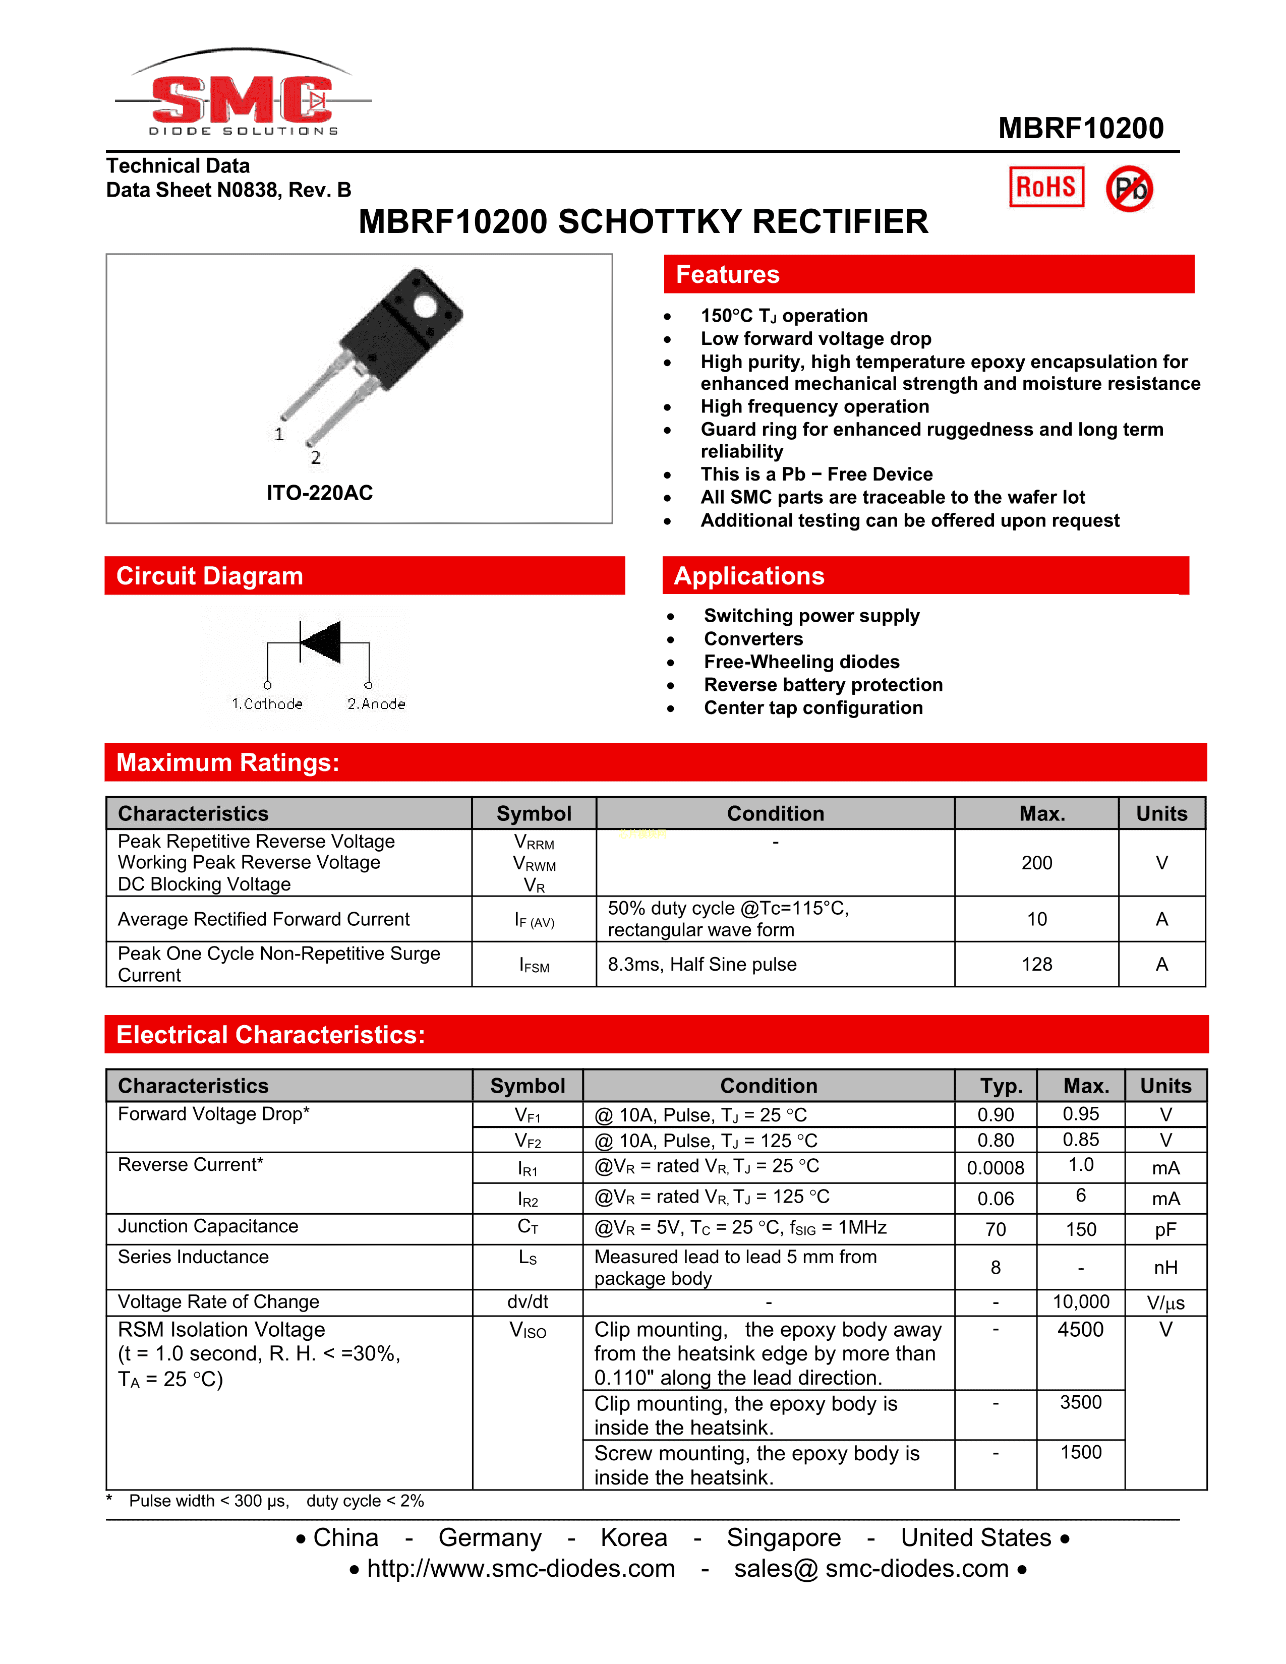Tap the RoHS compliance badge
coord(1046,187)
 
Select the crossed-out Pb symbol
coord(1129,188)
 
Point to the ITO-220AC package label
coord(319,493)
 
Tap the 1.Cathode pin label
coord(267,704)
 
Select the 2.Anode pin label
coord(376,704)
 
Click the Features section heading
coord(728,274)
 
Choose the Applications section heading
coord(749,576)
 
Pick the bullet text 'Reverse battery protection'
coord(823,685)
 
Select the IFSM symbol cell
coord(534,965)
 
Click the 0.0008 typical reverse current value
coord(995,1168)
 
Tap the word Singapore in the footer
coord(783,1537)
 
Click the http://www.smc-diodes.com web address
coord(520,1569)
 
